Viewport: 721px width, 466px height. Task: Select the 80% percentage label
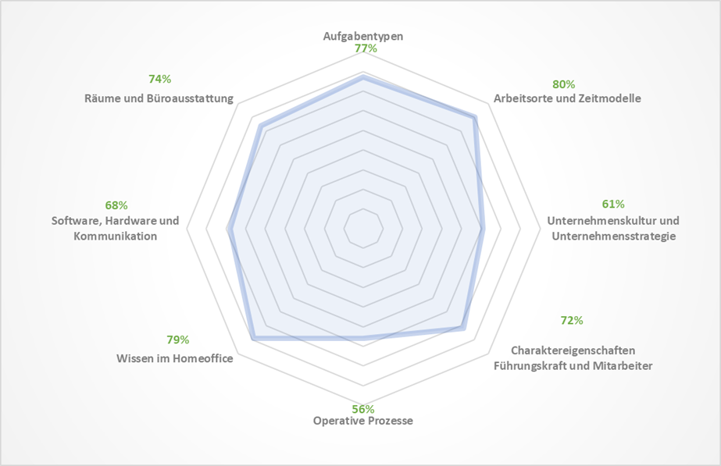tap(563, 84)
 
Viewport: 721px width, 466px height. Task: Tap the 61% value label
tap(612, 205)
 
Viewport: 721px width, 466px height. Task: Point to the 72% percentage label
tap(572, 320)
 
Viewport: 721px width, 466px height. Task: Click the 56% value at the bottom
tap(363, 409)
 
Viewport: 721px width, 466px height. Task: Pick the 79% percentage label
tap(177, 340)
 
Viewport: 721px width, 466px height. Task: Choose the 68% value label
tap(116, 205)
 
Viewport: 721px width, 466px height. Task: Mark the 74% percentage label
tap(159, 79)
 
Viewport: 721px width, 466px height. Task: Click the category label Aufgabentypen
tap(363, 37)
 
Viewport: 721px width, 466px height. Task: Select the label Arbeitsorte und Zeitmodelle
tap(567, 98)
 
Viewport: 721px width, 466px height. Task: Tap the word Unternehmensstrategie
tap(613, 235)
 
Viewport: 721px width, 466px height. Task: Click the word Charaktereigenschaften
tap(573, 350)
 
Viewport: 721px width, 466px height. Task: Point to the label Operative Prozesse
tap(363, 421)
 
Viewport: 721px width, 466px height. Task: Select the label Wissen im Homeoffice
tap(175, 359)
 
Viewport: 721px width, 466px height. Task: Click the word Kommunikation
tap(116, 236)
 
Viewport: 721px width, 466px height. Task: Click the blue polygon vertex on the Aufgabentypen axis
tap(363, 77)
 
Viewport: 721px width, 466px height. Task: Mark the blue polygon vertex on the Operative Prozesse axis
tap(363, 338)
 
